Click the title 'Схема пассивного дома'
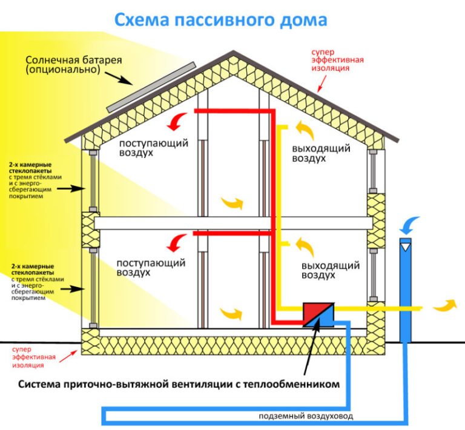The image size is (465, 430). click(220, 20)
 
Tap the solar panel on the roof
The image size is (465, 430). click(151, 86)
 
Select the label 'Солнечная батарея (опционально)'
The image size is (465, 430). click(73, 65)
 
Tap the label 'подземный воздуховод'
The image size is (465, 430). click(306, 416)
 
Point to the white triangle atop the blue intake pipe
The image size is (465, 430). click(406, 246)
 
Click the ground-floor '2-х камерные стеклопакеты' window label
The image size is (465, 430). click(35, 282)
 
